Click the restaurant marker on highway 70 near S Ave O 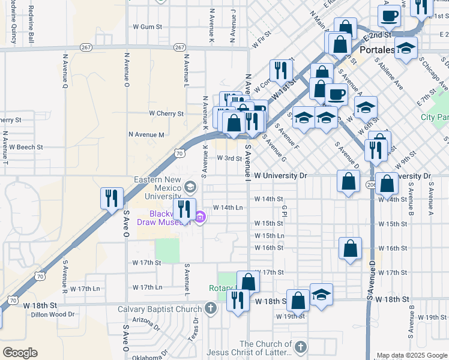coord(112,198)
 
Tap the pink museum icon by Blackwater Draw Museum coord(200,217)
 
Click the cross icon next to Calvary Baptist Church coord(210,310)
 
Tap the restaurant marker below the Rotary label coord(239,301)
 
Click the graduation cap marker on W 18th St coord(322,295)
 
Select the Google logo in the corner coord(20,353)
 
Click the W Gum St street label coord(148,27)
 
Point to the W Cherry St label coord(166,113)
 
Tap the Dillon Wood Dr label coord(53,313)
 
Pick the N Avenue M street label coord(146,135)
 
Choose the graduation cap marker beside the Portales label coord(406,48)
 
